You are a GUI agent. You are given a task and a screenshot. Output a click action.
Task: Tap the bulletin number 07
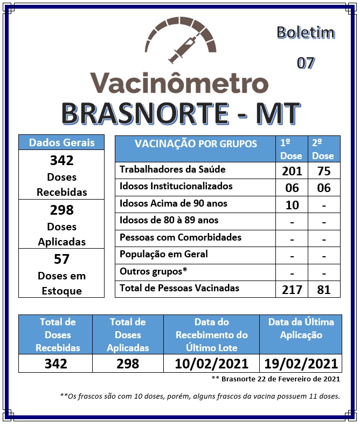(x=306, y=63)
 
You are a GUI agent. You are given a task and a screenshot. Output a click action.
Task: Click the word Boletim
(x=306, y=32)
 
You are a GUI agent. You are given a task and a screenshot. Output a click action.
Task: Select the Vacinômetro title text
(x=179, y=84)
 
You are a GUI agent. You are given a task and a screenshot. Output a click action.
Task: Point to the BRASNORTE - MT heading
(x=180, y=113)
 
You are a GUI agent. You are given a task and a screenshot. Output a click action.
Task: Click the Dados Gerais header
(x=61, y=142)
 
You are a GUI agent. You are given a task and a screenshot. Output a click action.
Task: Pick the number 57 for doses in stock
(x=61, y=259)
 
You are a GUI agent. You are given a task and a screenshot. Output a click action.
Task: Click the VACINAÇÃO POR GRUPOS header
(x=195, y=144)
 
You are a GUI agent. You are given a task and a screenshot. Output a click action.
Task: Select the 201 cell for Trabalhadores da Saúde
(x=291, y=171)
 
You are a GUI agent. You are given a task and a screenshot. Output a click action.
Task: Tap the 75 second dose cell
(x=324, y=171)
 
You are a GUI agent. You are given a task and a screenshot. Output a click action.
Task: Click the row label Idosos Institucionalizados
(x=176, y=187)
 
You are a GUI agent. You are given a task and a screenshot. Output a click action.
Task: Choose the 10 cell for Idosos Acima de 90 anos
(x=291, y=205)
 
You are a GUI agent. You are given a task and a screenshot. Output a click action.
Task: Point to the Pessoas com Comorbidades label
(x=181, y=237)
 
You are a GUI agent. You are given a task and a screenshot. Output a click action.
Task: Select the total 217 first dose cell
(x=291, y=289)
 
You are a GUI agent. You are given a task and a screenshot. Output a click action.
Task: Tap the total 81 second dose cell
(x=324, y=289)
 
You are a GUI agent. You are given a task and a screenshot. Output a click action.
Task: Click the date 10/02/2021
(x=211, y=363)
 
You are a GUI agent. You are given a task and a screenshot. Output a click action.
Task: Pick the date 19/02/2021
(x=300, y=363)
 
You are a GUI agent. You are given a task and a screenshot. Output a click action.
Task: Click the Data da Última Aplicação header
(x=300, y=328)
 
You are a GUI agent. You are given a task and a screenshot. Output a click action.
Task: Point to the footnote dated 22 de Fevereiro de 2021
(x=275, y=379)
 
